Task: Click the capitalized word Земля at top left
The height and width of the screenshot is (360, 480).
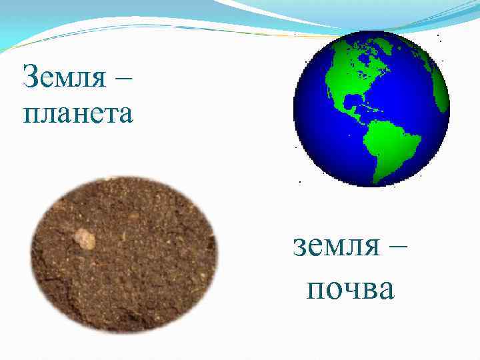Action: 63,79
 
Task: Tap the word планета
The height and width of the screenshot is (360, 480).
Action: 79,113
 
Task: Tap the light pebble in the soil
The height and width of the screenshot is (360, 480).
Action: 84,238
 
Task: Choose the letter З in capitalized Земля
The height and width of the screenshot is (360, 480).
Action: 30,79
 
